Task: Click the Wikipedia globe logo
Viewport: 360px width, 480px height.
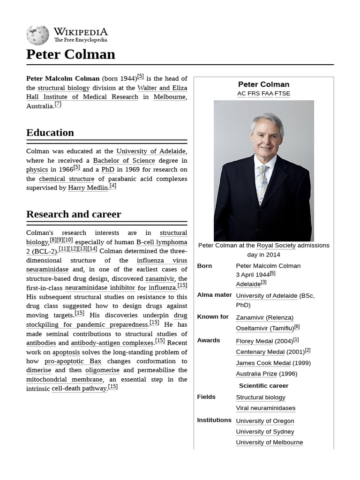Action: pyautogui.click(x=37, y=35)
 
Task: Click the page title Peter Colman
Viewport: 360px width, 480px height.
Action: pyautogui.click(x=70, y=54)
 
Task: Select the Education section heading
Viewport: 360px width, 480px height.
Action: pyautogui.click(x=50, y=133)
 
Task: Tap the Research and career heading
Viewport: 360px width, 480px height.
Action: pyautogui.click(x=74, y=214)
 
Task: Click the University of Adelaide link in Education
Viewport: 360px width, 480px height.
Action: pyautogui.click(x=150, y=151)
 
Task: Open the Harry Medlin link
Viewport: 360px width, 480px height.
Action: pyautogui.click(x=88, y=188)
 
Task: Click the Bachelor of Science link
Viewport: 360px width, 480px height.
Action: pyautogui.click(x=124, y=160)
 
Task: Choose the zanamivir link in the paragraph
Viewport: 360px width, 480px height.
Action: pyautogui.click(x=160, y=278)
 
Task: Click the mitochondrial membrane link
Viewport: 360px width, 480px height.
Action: pyautogui.click(x=64, y=379)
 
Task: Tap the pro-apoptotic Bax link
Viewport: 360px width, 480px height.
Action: pyautogui.click(x=73, y=361)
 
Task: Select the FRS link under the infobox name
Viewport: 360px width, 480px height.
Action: pyautogui.click(x=253, y=93)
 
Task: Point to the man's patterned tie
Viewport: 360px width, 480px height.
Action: pyautogui.click(x=262, y=183)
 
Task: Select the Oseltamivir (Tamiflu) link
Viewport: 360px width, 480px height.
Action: pyautogui.click(x=264, y=328)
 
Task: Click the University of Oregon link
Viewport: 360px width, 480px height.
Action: pyautogui.click(x=265, y=421)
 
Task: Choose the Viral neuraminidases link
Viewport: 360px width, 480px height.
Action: pyautogui.click(x=265, y=408)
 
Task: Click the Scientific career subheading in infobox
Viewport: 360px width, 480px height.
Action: pyautogui.click(x=263, y=386)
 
